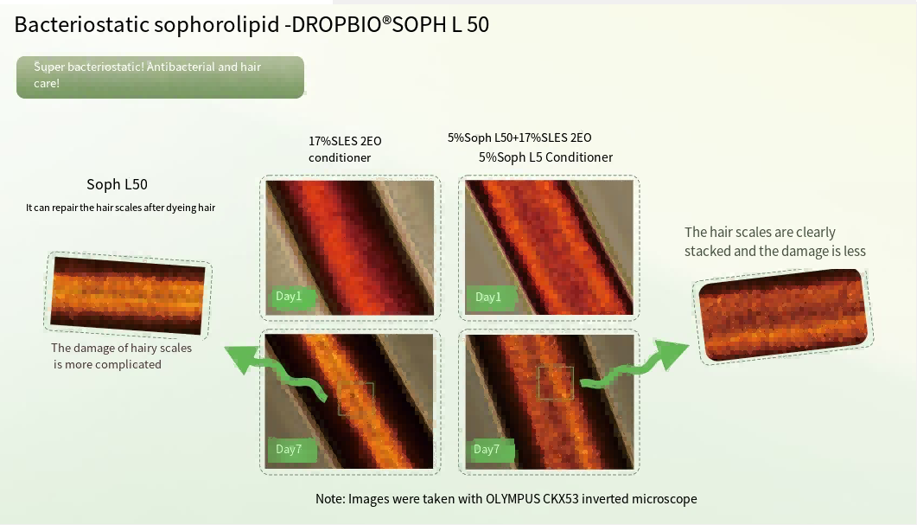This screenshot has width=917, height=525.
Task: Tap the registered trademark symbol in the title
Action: tap(386, 20)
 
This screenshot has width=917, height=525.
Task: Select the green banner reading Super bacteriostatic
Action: tap(160, 77)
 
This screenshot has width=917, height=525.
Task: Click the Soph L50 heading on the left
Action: tap(117, 184)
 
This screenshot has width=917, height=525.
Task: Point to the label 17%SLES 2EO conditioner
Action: tap(345, 150)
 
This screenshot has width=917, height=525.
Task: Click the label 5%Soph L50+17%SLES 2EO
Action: tap(519, 138)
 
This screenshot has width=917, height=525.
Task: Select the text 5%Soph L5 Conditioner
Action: tap(545, 157)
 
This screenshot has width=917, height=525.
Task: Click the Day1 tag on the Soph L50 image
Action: tap(490, 298)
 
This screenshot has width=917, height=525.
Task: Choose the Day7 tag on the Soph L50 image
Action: tap(490, 450)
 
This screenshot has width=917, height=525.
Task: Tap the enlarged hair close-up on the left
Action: tap(128, 296)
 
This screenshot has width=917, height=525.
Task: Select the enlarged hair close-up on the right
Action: tap(783, 314)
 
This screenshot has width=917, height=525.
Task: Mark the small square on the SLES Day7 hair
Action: tap(355, 400)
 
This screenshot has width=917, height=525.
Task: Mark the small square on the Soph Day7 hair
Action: tap(556, 383)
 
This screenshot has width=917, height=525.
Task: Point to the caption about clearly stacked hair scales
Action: tap(775, 241)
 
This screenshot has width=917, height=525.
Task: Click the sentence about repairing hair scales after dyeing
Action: tap(120, 208)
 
